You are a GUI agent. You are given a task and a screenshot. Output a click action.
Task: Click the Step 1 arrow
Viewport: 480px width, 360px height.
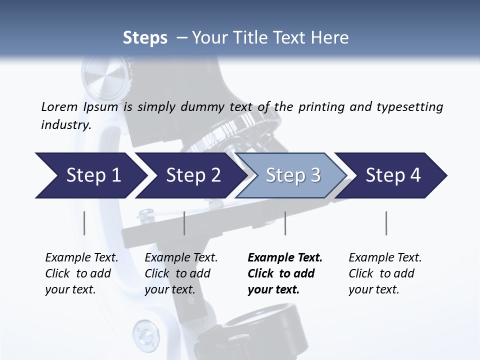coord(93,175)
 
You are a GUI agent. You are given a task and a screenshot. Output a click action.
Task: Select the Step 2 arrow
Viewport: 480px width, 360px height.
coord(193,175)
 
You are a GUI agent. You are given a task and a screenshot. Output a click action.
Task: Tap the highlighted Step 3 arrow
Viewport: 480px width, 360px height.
coord(293,175)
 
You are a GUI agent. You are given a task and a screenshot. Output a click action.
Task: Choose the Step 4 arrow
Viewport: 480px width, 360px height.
coord(393,175)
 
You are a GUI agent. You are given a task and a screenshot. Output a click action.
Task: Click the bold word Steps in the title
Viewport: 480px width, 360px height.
coord(145,38)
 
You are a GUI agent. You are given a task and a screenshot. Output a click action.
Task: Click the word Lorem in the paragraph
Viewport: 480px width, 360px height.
coord(59,106)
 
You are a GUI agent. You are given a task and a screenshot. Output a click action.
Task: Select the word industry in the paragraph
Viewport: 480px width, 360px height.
coord(66,124)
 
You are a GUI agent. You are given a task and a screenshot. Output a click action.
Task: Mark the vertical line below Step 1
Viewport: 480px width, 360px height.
coord(84,223)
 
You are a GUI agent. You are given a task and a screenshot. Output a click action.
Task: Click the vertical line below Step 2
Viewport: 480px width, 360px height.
coord(184,223)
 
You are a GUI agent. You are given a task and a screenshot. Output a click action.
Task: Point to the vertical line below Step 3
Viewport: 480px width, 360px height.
coord(285,223)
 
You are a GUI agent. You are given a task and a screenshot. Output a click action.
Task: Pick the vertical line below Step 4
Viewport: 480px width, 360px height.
coord(386,223)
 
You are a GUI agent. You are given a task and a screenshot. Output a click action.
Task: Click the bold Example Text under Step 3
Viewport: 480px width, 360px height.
coord(285,258)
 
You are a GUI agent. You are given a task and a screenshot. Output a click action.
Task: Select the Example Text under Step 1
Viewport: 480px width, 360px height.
coord(81,258)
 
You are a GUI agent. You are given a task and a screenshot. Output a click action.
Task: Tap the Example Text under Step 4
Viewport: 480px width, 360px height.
coord(385,258)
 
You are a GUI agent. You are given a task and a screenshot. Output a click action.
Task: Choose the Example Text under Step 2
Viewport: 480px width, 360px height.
coord(181,258)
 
